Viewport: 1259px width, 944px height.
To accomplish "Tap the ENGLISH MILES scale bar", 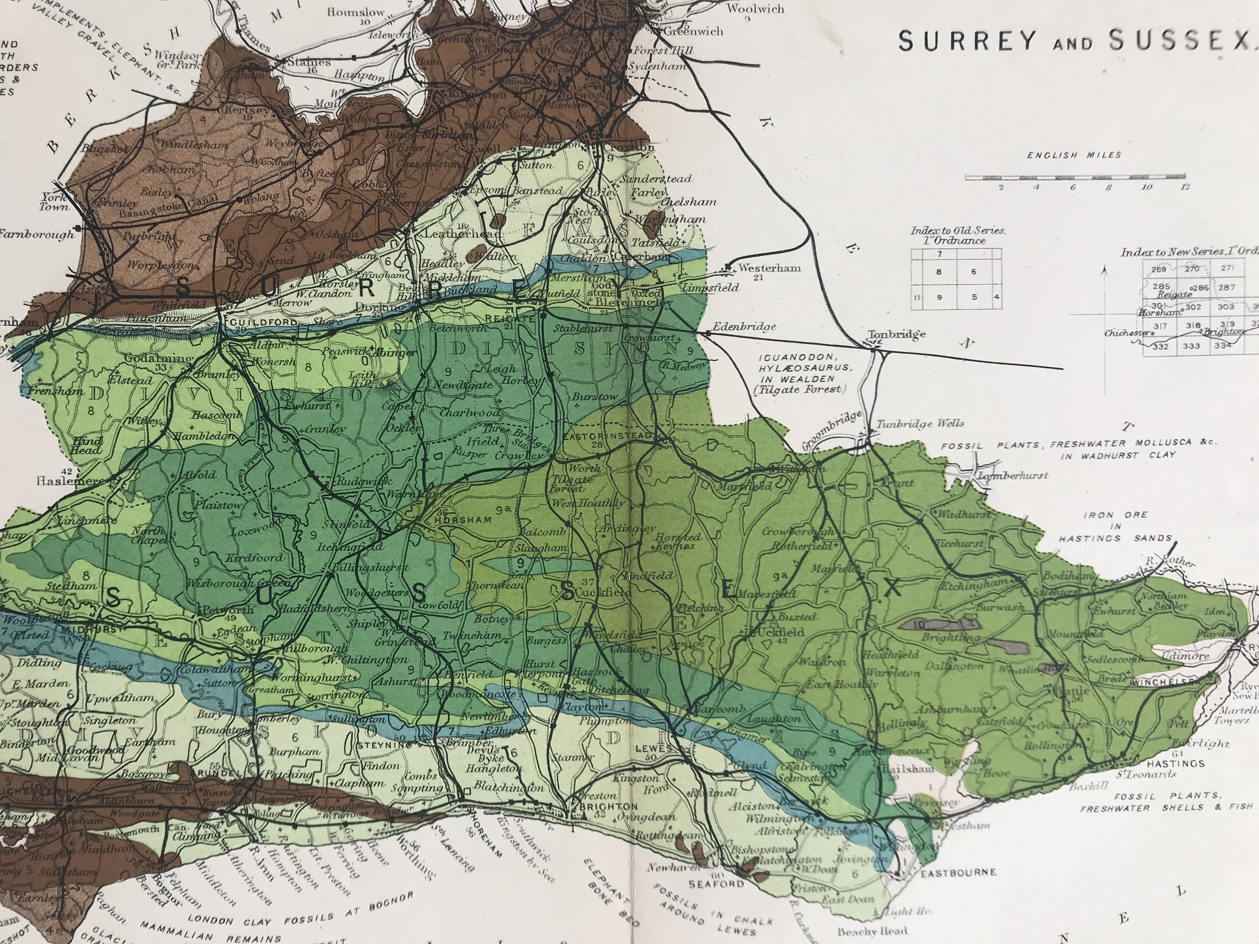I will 1075,177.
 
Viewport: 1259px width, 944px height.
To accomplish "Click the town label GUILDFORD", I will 261,322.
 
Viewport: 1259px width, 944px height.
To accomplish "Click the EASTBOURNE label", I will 959,872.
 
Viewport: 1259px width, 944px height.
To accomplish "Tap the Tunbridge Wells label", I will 920,423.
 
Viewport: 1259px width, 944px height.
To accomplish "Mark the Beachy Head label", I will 872,931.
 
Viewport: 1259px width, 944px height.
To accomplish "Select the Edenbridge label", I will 744,326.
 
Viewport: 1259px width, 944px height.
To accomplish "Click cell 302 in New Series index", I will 1193,307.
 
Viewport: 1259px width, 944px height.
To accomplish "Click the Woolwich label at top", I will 755,9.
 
